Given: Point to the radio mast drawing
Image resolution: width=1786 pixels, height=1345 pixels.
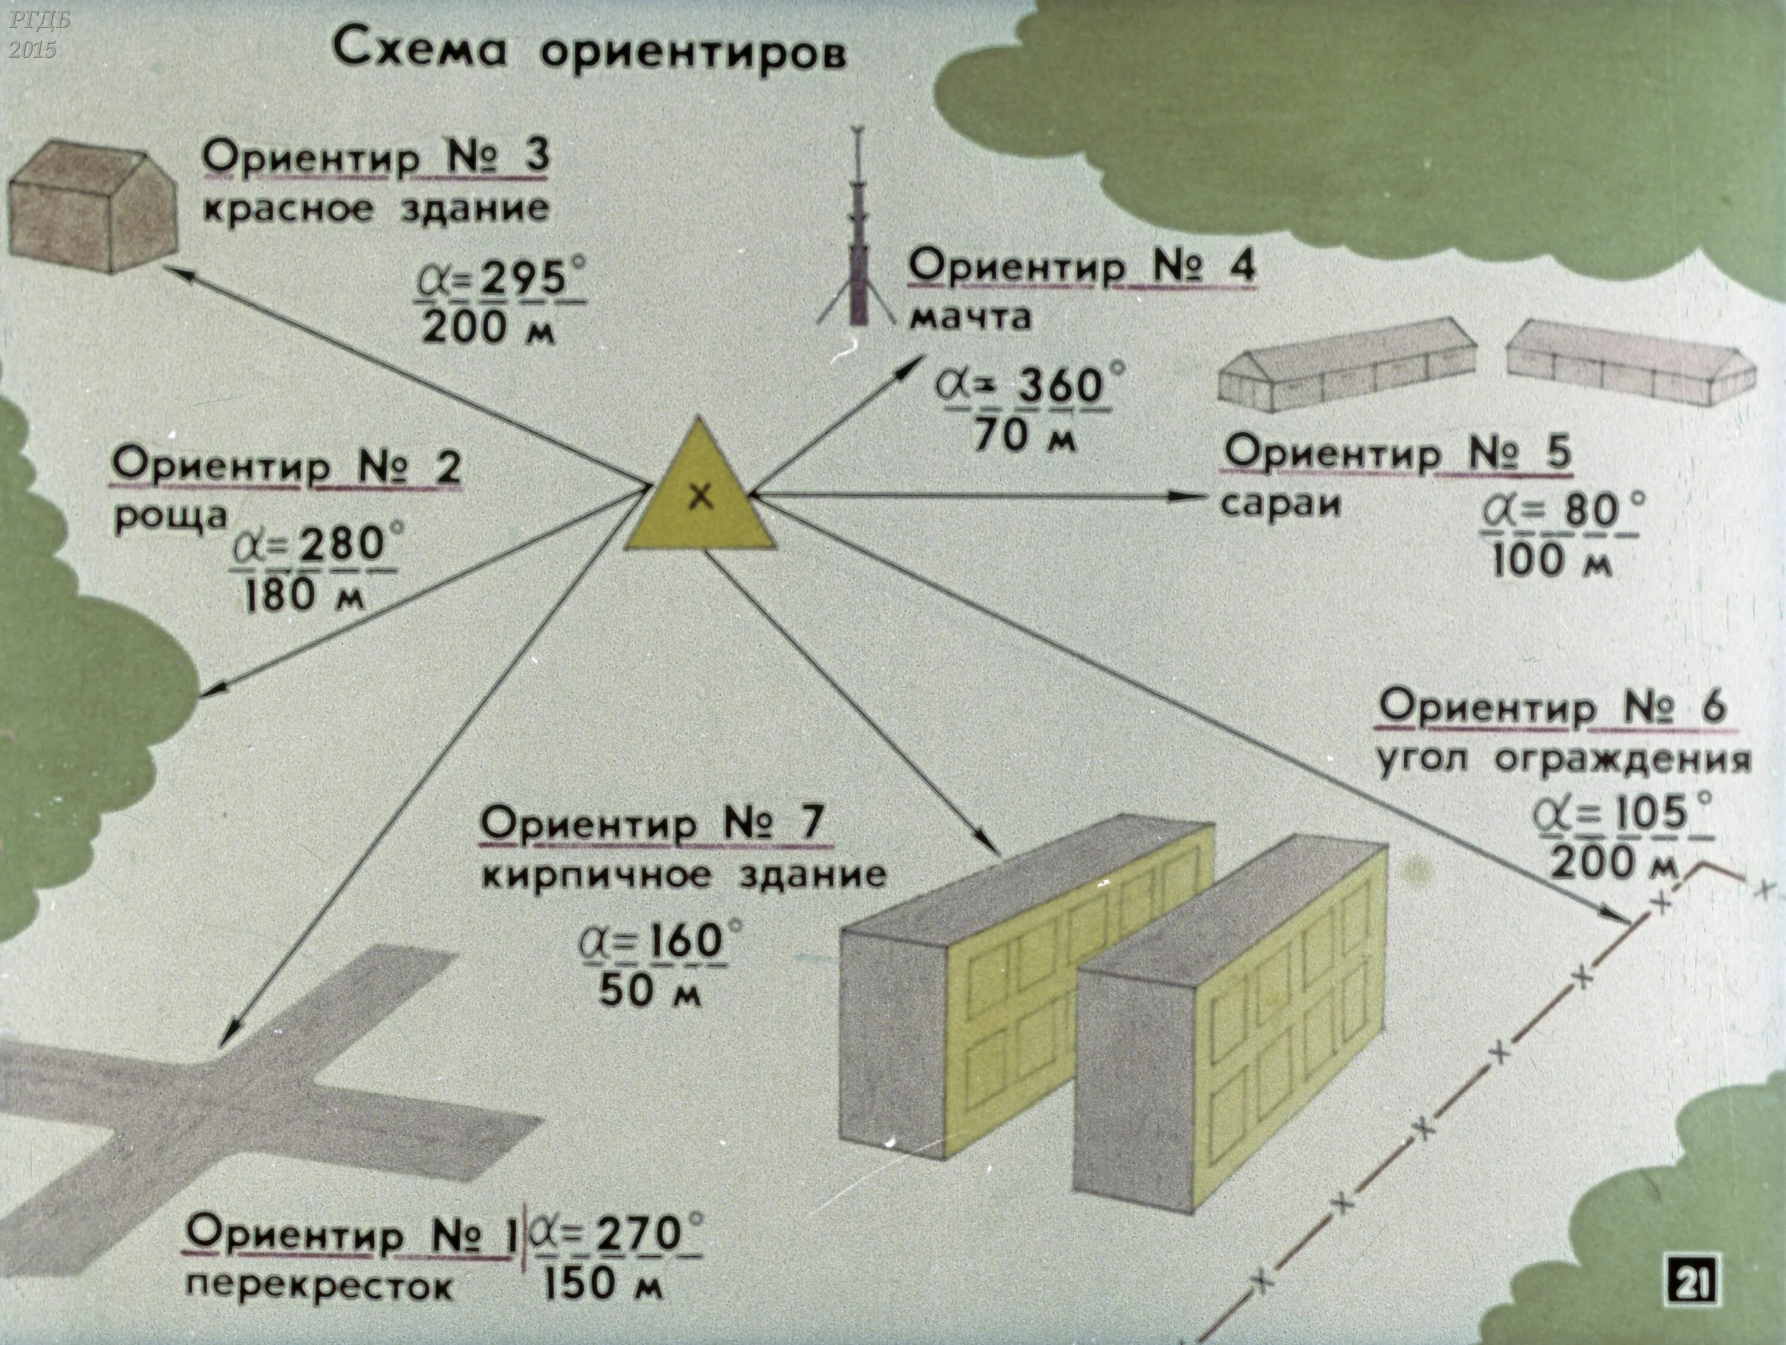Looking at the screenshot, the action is [x=857, y=234].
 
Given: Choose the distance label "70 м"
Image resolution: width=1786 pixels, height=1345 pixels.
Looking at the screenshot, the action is [x=1025, y=437].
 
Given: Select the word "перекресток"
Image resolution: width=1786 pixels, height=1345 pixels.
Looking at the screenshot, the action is [x=319, y=1286].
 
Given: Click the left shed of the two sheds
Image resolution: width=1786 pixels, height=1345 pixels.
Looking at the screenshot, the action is [x=1347, y=365].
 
